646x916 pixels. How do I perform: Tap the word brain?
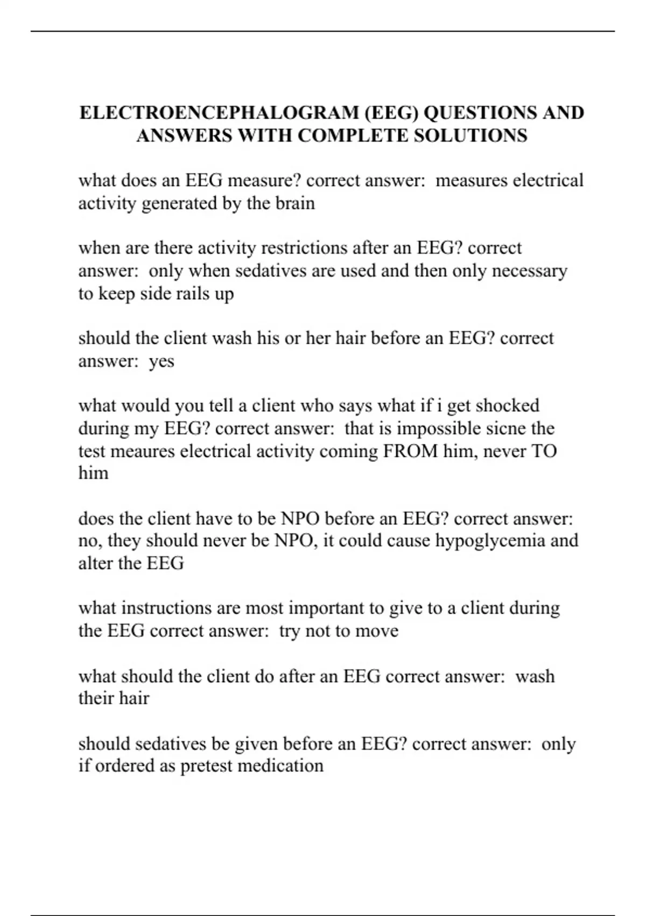[x=295, y=203]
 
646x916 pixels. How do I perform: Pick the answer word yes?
[x=161, y=361]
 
